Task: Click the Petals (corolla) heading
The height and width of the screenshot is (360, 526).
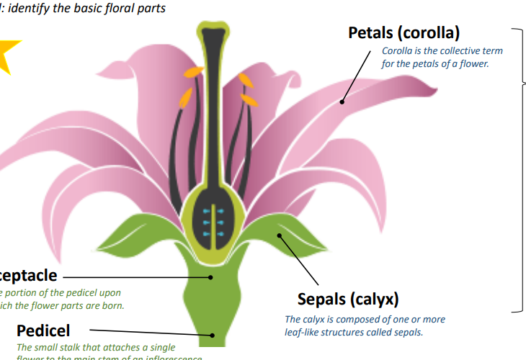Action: (404, 32)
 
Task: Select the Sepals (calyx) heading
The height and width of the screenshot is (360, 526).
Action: (348, 298)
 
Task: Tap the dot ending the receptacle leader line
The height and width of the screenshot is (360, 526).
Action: (212, 276)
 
